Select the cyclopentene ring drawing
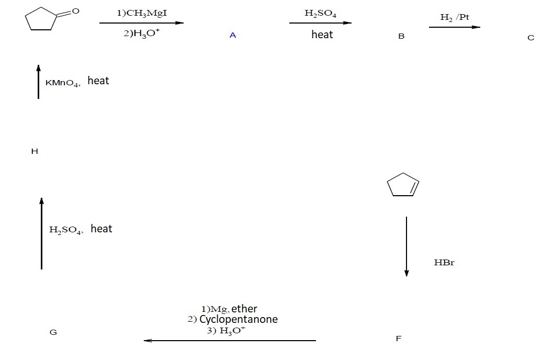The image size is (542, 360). click(x=403, y=185)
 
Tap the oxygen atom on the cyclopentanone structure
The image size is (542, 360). click(x=75, y=10)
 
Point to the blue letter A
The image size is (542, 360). click(x=233, y=36)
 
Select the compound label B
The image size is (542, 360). click(x=401, y=37)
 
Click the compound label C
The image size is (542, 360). click(x=531, y=38)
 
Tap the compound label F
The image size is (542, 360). click(x=399, y=339)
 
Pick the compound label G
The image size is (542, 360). click(x=53, y=332)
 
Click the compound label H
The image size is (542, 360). click(x=35, y=151)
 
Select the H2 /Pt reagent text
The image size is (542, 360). click(x=455, y=17)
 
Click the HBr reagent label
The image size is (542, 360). click(x=444, y=262)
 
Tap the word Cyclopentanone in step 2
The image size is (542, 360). click(x=239, y=319)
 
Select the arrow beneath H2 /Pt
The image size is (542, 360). click(x=454, y=27)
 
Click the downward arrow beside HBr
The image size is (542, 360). click(x=406, y=246)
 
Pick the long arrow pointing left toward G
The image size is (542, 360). click(x=230, y=341)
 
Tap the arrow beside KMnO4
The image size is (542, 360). click(x=38, y=81)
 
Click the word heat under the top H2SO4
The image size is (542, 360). click(x=322, y=35)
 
